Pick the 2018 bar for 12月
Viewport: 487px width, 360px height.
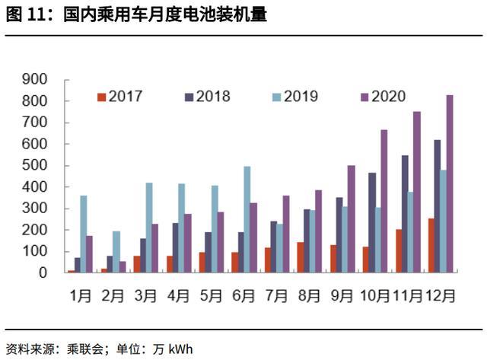438,205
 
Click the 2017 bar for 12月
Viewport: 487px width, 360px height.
431,245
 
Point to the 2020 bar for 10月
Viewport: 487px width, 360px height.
385,201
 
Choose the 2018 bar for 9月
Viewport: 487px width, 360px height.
340,234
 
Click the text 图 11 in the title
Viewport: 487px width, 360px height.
22,14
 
